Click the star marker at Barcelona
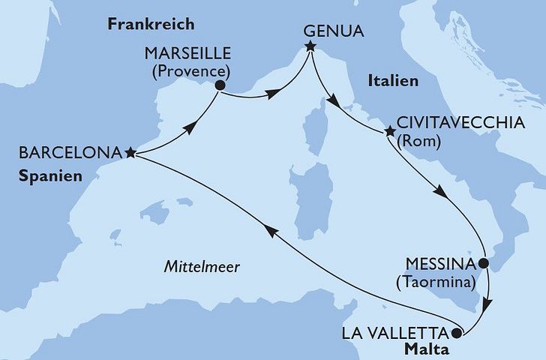(x=130, y=152)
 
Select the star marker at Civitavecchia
(x=389, y=133)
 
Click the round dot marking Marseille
(x=220, y=85)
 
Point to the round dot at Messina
(x=484, y=264)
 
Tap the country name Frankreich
(x=151, y=24)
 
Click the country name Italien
(x=391, y=81)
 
